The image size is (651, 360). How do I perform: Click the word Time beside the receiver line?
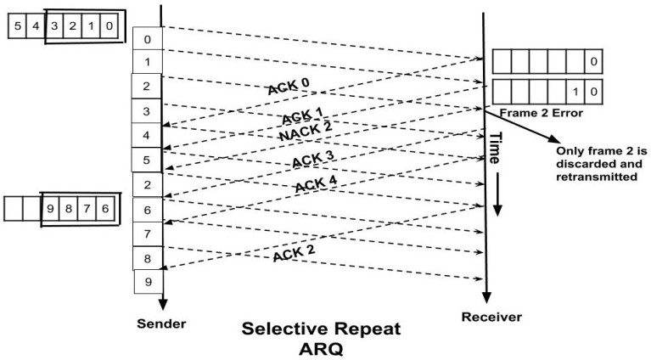(492, 149)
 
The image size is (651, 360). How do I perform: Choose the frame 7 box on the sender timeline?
(145, 233)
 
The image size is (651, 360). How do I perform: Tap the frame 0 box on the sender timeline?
(145, 39)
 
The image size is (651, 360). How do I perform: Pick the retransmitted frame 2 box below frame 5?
(145, 184)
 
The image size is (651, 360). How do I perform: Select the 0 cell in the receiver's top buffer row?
(594, 61)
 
